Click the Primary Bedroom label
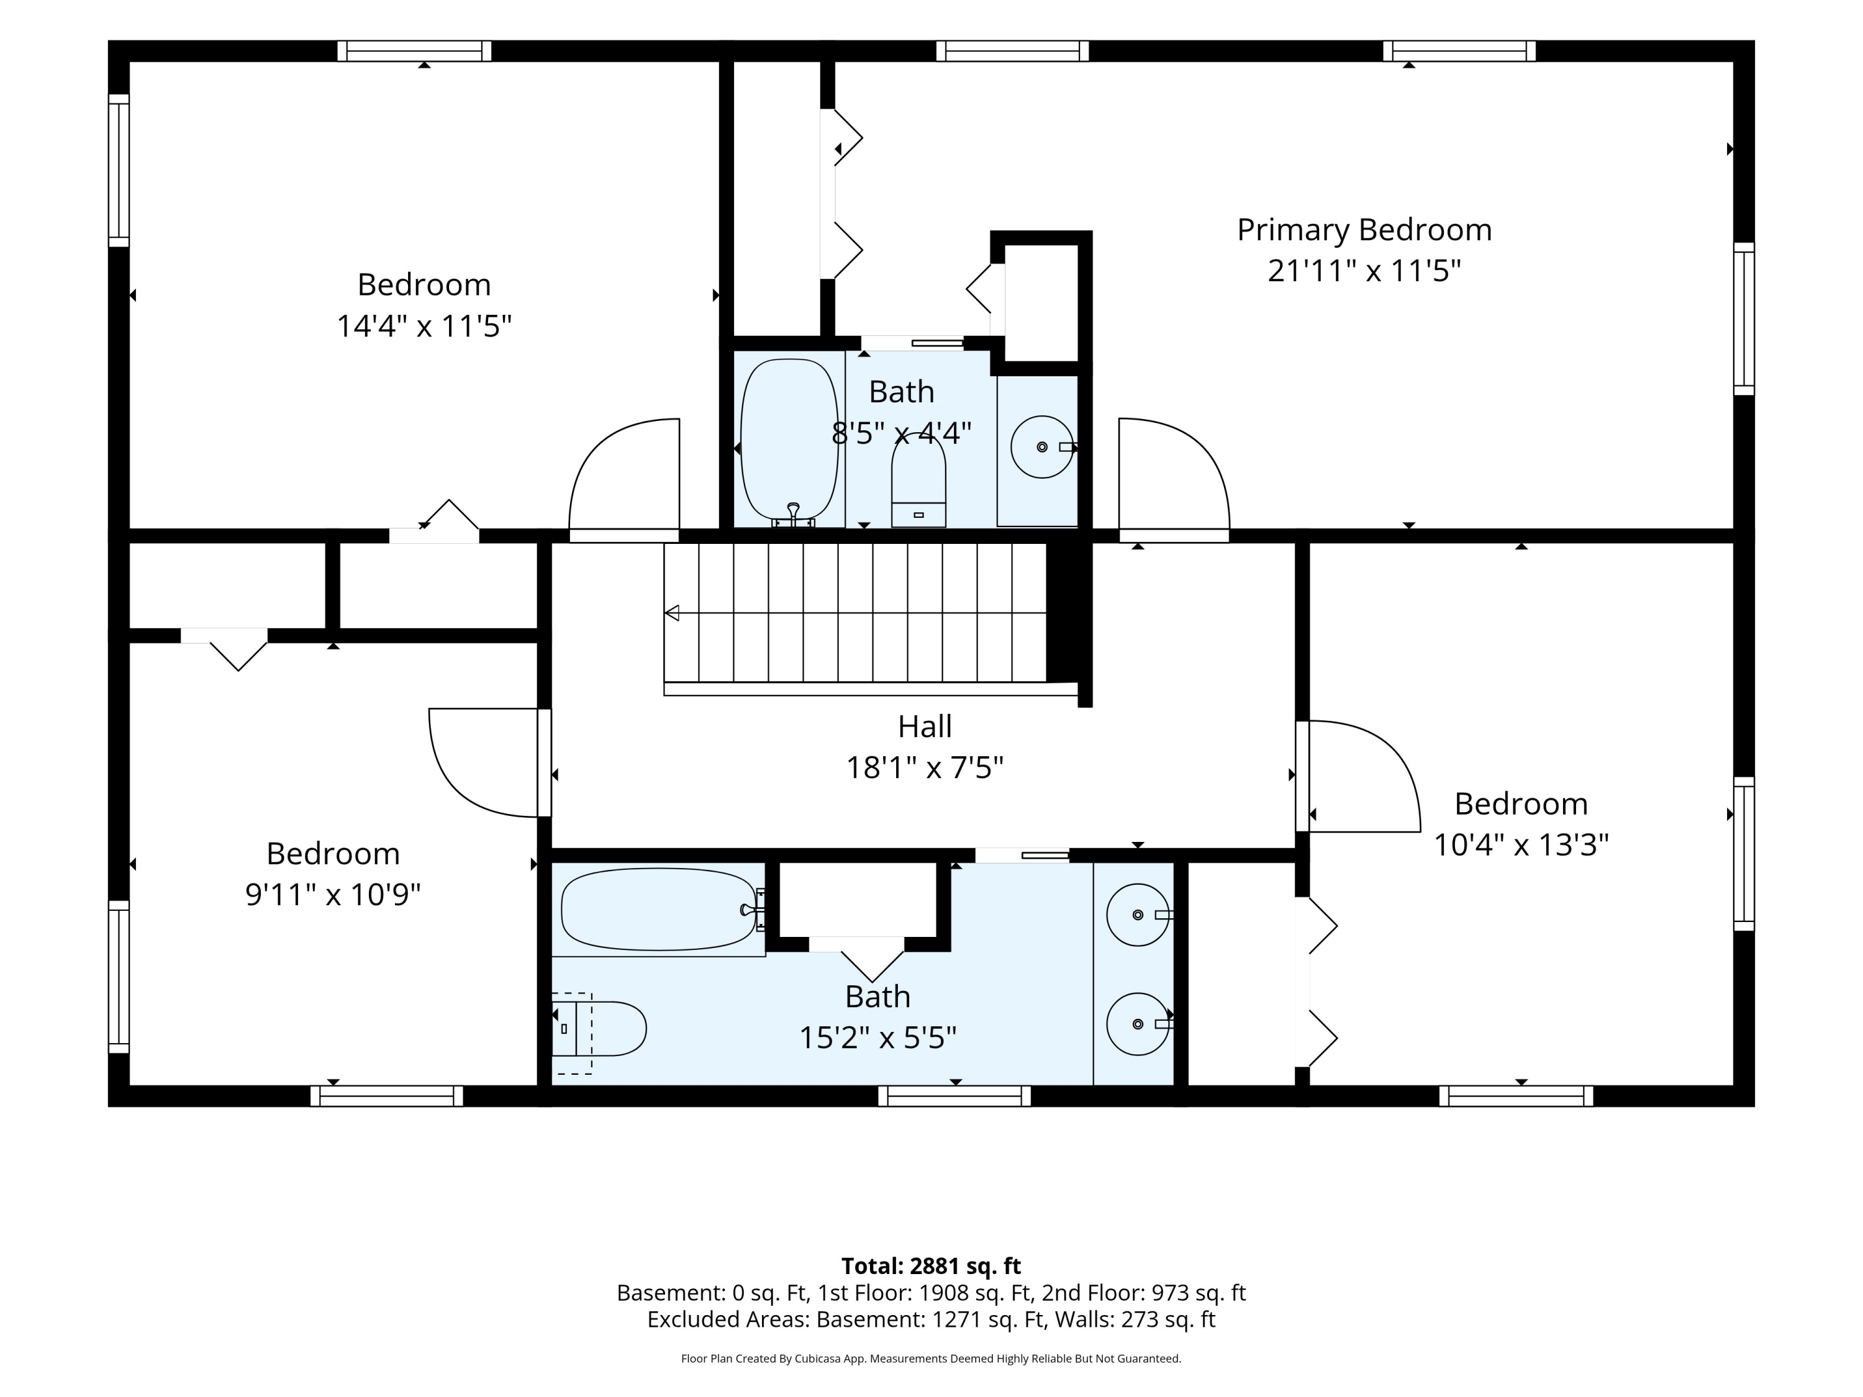tap(1364, 230)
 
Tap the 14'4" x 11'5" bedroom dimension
tap(425, 326)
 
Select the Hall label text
tap(925, 726)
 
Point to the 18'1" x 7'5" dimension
tap(925, 768)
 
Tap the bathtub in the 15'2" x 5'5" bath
tap(660, 910)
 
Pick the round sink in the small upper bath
tap(1042, 447)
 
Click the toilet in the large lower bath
tap(599, 1029)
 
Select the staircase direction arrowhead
tap(672, 613)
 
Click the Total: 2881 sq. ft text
tap(931, 1265)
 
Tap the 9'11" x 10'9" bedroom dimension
tap(333, 894)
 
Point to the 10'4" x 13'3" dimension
tap(1521, 844)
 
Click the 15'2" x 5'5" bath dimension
tap(877, 1038)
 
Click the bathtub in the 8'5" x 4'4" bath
tap(789, 439)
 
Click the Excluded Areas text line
tap(931, 1319)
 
